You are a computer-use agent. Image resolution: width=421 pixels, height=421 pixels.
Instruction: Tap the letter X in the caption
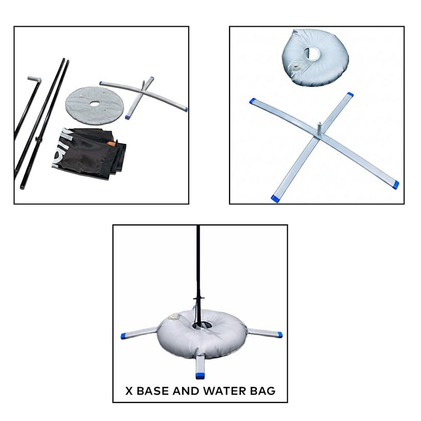click(x=129, y=391)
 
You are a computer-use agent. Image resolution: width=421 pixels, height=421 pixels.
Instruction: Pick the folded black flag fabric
click(x=89, y=152)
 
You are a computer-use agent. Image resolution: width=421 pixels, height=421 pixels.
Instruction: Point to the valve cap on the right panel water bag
click(x=297, y=67)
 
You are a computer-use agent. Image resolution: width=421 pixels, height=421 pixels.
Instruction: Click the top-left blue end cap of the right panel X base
click(x=253, y=101)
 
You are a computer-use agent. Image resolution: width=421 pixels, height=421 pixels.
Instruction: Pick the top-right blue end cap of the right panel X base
click(x=350, y=94)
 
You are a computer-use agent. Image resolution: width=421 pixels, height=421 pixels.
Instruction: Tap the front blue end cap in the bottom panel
click(x=200, y=376)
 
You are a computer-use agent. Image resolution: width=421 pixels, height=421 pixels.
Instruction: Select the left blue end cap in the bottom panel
click(x=124, y=336)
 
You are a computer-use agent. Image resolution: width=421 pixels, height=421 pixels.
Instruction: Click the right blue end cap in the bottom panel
click(x=279, y=335)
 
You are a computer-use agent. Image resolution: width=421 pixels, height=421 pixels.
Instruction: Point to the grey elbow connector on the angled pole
click(x=35, y=79)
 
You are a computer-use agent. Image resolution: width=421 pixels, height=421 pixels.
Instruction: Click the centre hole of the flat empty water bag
click(x=94, y=104)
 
